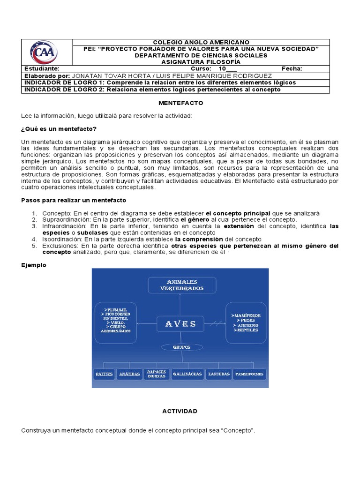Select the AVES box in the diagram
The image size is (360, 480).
point(180,324)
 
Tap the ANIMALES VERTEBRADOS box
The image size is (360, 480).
point(182,285)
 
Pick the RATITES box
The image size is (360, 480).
point(104,374)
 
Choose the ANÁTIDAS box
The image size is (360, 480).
point(129,374)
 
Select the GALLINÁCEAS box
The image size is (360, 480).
point(187,374)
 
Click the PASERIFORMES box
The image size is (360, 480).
point(249,374)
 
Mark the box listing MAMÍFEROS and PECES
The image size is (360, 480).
point(247,323)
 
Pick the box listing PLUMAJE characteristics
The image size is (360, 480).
point(116,321)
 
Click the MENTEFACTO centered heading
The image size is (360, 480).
point(180,102)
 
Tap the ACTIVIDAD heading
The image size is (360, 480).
point(180,411)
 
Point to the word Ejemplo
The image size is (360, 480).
point(34,265)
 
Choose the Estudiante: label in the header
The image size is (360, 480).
point(42,68)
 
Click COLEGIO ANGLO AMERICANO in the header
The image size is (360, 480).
point(202,42)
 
